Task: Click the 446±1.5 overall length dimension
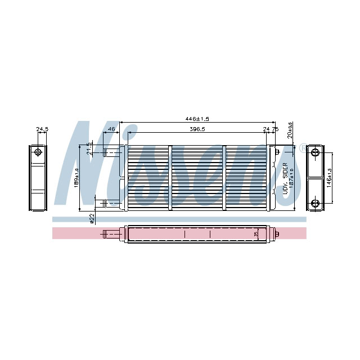[x=197, y=119]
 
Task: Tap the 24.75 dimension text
[x=271, y=129]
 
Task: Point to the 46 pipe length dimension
[x=111, y=129]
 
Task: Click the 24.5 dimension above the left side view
[x=42, y=129]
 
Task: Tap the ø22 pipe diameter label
[x=92, y=218]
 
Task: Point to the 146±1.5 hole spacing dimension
[x=330, y=178]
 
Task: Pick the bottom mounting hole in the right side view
[x=315, y=203]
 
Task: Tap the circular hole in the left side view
[x=38, y=152]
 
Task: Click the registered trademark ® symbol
[x=303, y=147]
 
